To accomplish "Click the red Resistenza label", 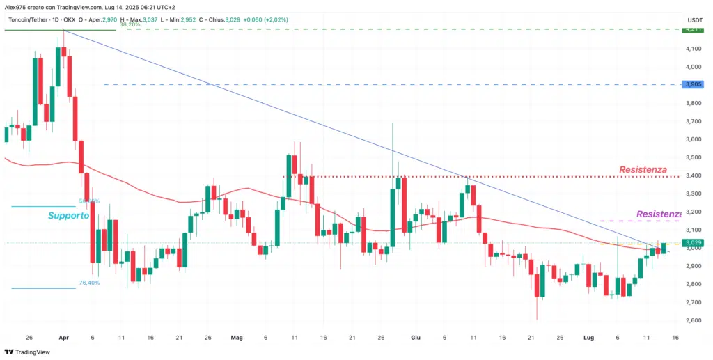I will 643,169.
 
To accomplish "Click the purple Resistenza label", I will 658,214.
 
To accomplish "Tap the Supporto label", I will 68,216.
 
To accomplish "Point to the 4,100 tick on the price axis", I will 694,49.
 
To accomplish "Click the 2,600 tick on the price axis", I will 694,320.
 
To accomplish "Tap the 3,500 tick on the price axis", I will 694,157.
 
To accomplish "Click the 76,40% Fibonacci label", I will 90,283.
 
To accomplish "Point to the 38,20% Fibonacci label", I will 130,24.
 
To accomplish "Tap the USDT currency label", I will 694,19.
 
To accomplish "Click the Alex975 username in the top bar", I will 16,6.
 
